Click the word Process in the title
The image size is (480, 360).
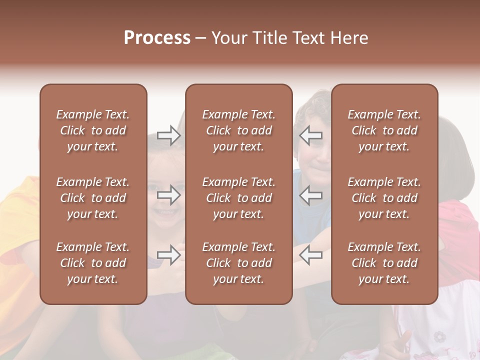[x=157, y=38]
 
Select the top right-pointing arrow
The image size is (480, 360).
[x=169, y=135]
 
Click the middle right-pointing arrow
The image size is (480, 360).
[x=169, y=195]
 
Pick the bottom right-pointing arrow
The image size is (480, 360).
[x=169, y=255]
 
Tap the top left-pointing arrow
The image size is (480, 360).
[x=310, y=135]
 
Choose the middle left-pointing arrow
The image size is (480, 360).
[x=310, y=195]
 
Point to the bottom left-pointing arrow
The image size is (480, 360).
[x=310, y=255]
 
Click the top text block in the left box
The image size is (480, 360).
[x=93, y=130]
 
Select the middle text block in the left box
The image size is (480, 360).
[x=93, y=198]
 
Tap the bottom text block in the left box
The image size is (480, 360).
[x=93, y=263]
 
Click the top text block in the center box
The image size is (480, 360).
[x=239, y=130]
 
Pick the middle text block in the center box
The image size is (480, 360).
[x=239, y=198]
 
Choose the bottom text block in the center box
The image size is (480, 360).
[x=239, y=263]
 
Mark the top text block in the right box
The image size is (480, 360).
[x=384, y=130]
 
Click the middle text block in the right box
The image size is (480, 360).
[x=384, y=198]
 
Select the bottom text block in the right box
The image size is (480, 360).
[x=384, y=263]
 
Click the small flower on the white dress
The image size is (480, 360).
[x=439, y=336]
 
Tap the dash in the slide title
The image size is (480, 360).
[x=200, y=38]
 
